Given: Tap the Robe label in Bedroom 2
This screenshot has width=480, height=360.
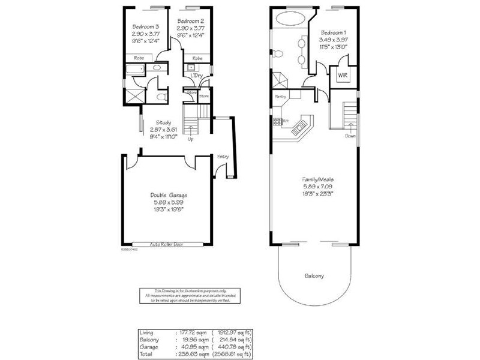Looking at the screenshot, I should pos(197,58).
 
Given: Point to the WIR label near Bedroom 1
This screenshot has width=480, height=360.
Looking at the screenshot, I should pos(342,76).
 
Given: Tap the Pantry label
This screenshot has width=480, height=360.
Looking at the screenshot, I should pos(280,96).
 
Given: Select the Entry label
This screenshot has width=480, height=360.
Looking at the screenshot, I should pos(223,157).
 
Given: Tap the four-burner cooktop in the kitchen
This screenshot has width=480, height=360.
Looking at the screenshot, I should pos(278,121).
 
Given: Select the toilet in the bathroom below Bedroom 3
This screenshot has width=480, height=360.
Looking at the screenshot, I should pos(159,96).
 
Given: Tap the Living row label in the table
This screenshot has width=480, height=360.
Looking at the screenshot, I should pos(147,332).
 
